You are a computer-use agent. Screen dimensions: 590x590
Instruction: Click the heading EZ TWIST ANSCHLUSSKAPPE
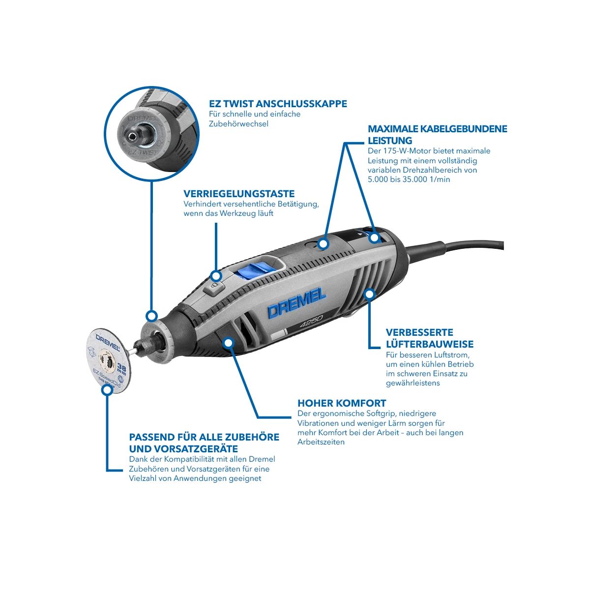pyautogui.click(x=278, y=103)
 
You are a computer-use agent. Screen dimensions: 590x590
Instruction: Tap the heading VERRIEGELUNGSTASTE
pyautogui.click(x=239, y=194)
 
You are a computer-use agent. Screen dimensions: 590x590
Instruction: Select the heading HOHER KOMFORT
pyautogui.click(x=342, y=403)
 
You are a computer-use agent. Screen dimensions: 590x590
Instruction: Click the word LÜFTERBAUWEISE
pyautogui.click(x=430, y=344)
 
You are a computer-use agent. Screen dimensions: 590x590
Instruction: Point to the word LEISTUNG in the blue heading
pyautogui.click(x=390, y=141)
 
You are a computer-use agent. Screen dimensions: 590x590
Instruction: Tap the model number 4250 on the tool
pyautogui.click(x=311, y=322)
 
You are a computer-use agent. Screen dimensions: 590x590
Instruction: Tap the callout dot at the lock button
pyautogui.click(x=216, y=276)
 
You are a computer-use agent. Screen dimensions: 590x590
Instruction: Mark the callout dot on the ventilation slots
pyautogui.click(x=370, y=294)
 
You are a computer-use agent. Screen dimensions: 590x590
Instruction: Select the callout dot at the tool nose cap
pyautogui.click(x=151, y=316)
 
